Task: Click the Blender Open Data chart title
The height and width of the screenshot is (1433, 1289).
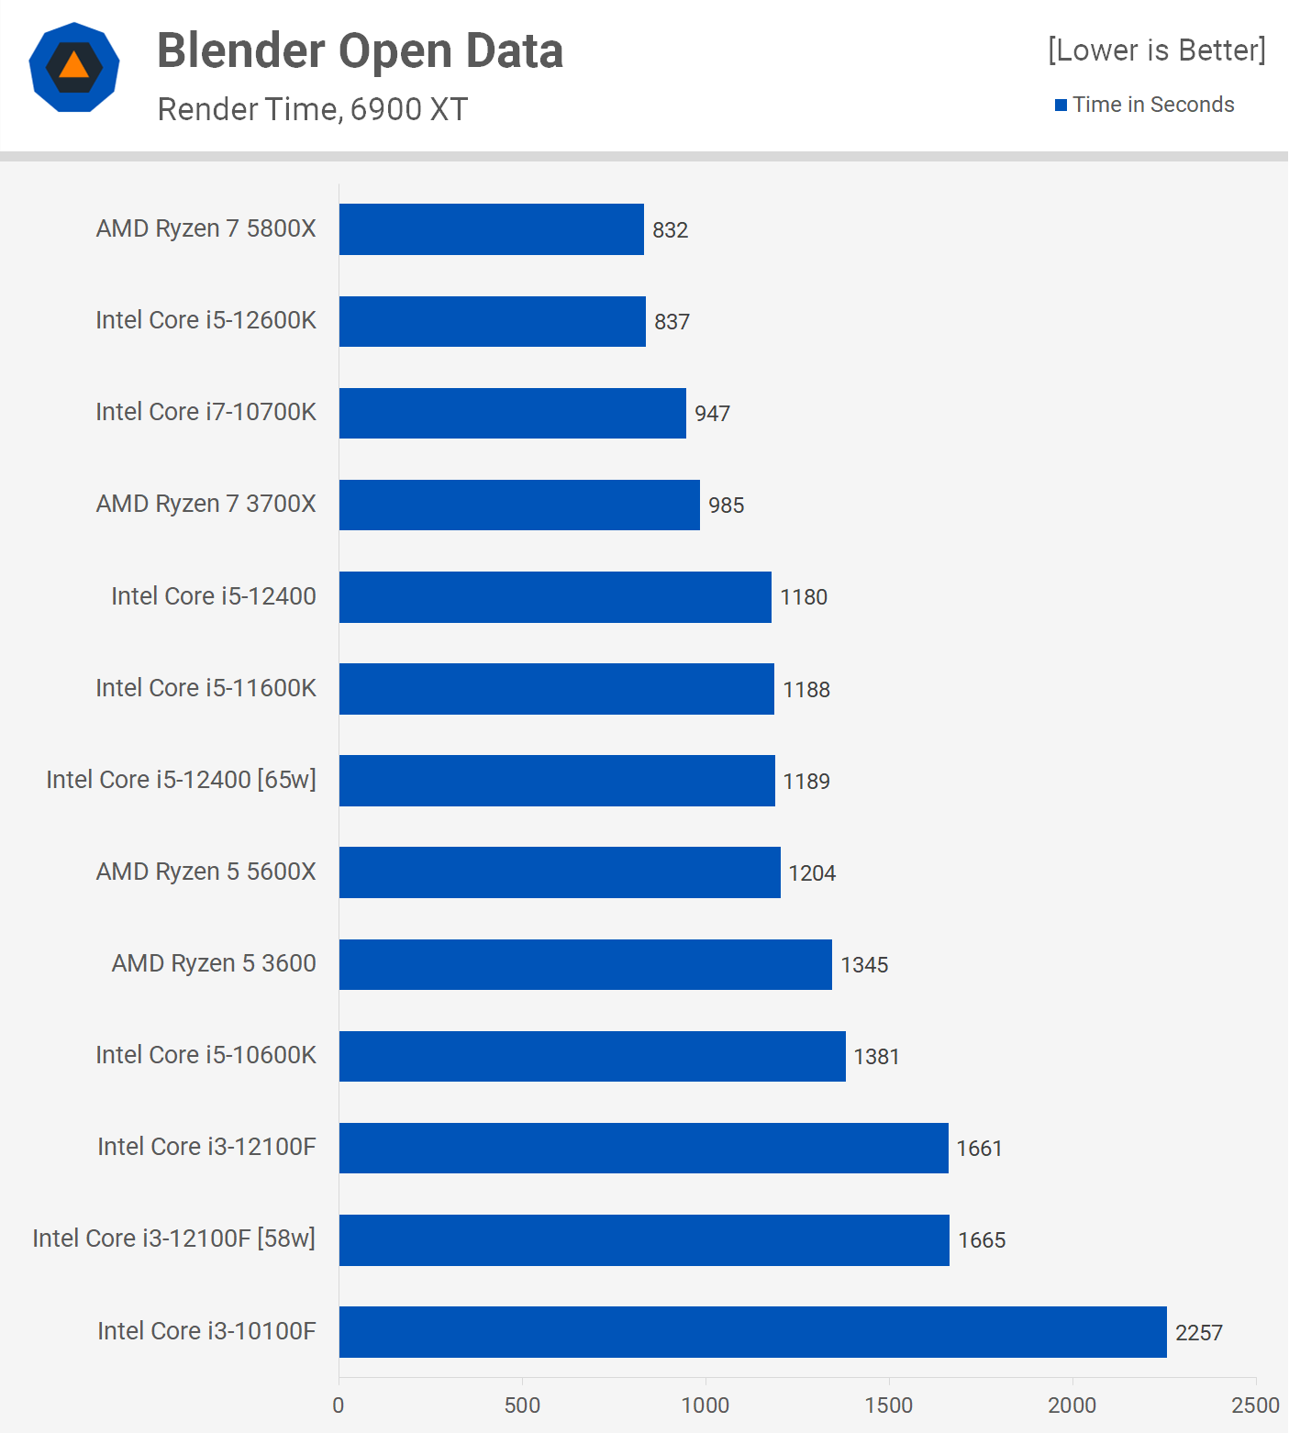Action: [x=360, y=50]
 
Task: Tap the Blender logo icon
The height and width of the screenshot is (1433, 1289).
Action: [x=74, y=67]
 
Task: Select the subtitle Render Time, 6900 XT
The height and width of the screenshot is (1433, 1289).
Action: [x=312, y=109]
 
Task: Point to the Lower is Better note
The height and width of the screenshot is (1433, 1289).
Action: [x=1156, y=50]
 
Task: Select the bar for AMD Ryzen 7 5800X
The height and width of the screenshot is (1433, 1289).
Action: [x=492, y=229]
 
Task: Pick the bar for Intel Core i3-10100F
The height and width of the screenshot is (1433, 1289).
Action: [x=752, y=1332]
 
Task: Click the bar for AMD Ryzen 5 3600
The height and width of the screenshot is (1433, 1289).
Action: [x=585, y=964]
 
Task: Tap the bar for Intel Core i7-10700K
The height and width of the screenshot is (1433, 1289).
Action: [x=513, y=413]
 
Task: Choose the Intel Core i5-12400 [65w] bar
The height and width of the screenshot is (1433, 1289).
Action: [x=557, y=781]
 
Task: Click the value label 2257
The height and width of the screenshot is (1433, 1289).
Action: [x=1199, y=1333]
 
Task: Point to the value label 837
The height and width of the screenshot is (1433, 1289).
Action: [x=672, y=322]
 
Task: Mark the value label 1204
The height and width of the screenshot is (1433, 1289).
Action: [x=812, y=873]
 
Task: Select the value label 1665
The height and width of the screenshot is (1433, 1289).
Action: [x=982, y=1240]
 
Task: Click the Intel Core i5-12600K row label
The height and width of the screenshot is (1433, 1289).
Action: [x=206, y=320]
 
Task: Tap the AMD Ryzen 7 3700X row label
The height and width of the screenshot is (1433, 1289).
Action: [x=206, y=504]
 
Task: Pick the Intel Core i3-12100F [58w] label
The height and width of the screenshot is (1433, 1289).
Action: [x=174, y=1239]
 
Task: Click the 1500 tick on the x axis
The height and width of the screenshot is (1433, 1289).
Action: [x=888, y=1405]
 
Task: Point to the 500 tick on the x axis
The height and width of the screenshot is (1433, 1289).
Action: [x=522, y=1405]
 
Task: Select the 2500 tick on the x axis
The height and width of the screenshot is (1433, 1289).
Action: [x=1254, y=1405]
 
